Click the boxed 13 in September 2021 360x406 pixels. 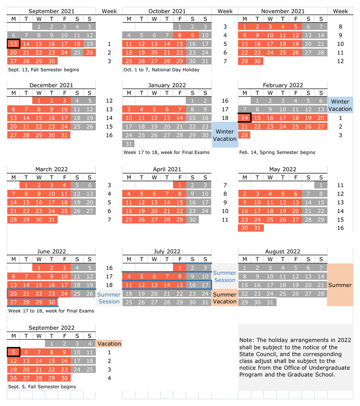tap(14, 44)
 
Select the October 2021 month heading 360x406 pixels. tap(166, 11)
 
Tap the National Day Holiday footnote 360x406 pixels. tap(161, 70)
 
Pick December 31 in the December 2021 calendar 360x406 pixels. tap(64, 135)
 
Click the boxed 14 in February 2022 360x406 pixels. tap(245, 118)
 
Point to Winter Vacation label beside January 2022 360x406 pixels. tap(224, 135)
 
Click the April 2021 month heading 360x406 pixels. tap(166, 170)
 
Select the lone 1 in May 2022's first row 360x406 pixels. tap(321, 185)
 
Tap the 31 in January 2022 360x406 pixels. tap(129, 143)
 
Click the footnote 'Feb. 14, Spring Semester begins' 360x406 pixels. tap(277, 152)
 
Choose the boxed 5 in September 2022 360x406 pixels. tap(14, 352)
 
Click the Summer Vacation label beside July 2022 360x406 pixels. tap(224, 298)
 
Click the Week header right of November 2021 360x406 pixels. tap(340, 11)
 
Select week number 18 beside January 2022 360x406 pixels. tap(225, 118)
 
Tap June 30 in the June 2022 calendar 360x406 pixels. tap(51, 302)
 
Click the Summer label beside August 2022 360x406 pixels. tap(340, 285)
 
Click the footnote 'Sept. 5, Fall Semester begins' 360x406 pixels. tap(42, 387)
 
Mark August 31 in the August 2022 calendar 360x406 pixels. tap(270, 302)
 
